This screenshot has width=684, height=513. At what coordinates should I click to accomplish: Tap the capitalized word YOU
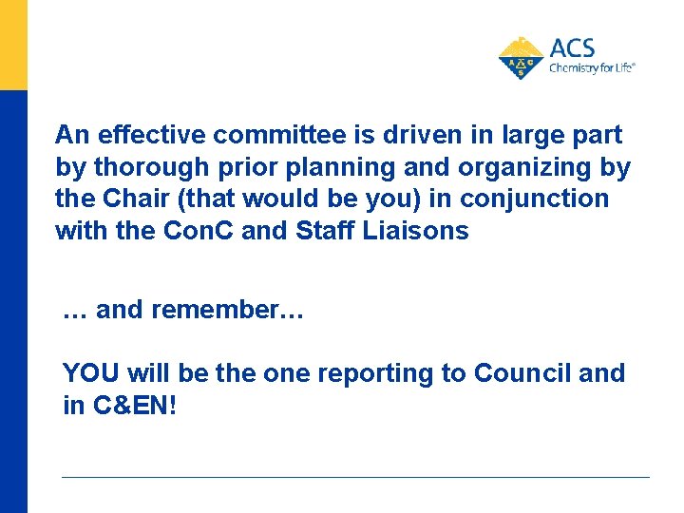click(x=91, y=373)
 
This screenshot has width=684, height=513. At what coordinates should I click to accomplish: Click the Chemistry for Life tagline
click(x=591, y=68)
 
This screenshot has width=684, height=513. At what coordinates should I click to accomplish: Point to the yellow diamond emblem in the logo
click(x=522, y=59)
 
